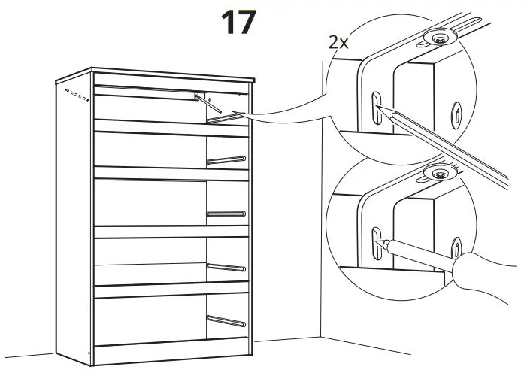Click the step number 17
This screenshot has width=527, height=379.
pyautogui.click(x=238, y=23)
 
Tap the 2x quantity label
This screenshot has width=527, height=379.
pyautogui.click(x=338, y=42)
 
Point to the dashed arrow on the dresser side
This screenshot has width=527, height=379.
pyautogui.click(x=73, y=94)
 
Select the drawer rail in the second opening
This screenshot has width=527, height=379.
pyautogui.click(x=226, y=159)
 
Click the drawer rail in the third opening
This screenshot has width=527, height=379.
pyautogui.click(x=226, y=214)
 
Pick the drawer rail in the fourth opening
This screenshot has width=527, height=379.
pyautogui.click(x=226, y=266)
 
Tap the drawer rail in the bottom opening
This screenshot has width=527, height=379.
pyautogui.click(x=226, y=320)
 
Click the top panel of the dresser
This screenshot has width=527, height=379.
pyautogui.click(x=158, y=71)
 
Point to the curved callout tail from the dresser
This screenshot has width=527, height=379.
pyautogui.click(x=286, y=118)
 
